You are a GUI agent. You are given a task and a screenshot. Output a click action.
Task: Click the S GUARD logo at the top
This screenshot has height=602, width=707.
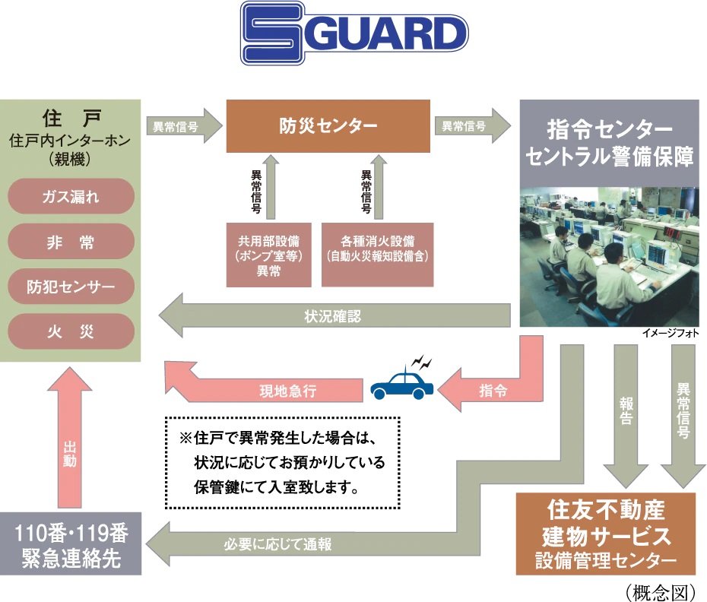pos(353,33)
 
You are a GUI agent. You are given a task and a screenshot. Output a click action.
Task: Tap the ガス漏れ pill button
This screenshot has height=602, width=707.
pos(71,198)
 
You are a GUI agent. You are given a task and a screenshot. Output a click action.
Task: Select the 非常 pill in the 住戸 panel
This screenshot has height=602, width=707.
pos(71,242)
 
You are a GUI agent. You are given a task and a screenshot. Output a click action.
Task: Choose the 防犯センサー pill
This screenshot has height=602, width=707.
pos(71,287)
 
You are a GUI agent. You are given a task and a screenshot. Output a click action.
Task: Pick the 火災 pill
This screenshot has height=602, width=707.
pos(71,332)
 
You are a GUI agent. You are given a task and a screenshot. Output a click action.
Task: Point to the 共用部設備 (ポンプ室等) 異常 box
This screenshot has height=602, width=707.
pos(269,255)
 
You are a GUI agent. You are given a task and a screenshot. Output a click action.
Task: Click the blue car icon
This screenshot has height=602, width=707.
pos(402,384)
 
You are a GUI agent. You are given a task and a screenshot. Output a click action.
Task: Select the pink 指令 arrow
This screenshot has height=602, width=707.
pos(490,391)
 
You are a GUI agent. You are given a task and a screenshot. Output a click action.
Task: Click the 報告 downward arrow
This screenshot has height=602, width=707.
pos(626,414)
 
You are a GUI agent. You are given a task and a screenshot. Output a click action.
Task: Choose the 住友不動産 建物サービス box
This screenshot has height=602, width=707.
pos(606,534)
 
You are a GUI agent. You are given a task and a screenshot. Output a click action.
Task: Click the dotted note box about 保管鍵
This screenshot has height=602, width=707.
pos(282,462)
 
